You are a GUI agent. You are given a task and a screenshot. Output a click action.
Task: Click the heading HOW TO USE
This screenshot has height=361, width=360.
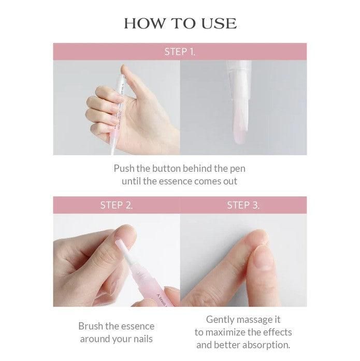(180, 23)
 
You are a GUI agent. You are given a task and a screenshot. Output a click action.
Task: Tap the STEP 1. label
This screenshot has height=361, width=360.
(180, 52)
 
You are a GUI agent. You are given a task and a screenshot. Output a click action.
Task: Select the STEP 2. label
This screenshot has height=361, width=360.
(117, 205)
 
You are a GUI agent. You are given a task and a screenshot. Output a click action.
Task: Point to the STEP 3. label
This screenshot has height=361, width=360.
(243, 205)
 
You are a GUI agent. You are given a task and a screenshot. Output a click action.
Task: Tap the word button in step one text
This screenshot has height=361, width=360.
(166, 168)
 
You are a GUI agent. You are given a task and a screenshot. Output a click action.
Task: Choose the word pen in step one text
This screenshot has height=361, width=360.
(238, 169)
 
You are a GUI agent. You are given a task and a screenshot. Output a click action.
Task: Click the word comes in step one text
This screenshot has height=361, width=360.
(205, 181)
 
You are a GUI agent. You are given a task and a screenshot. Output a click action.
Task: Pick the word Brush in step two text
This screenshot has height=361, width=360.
(91, 326)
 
